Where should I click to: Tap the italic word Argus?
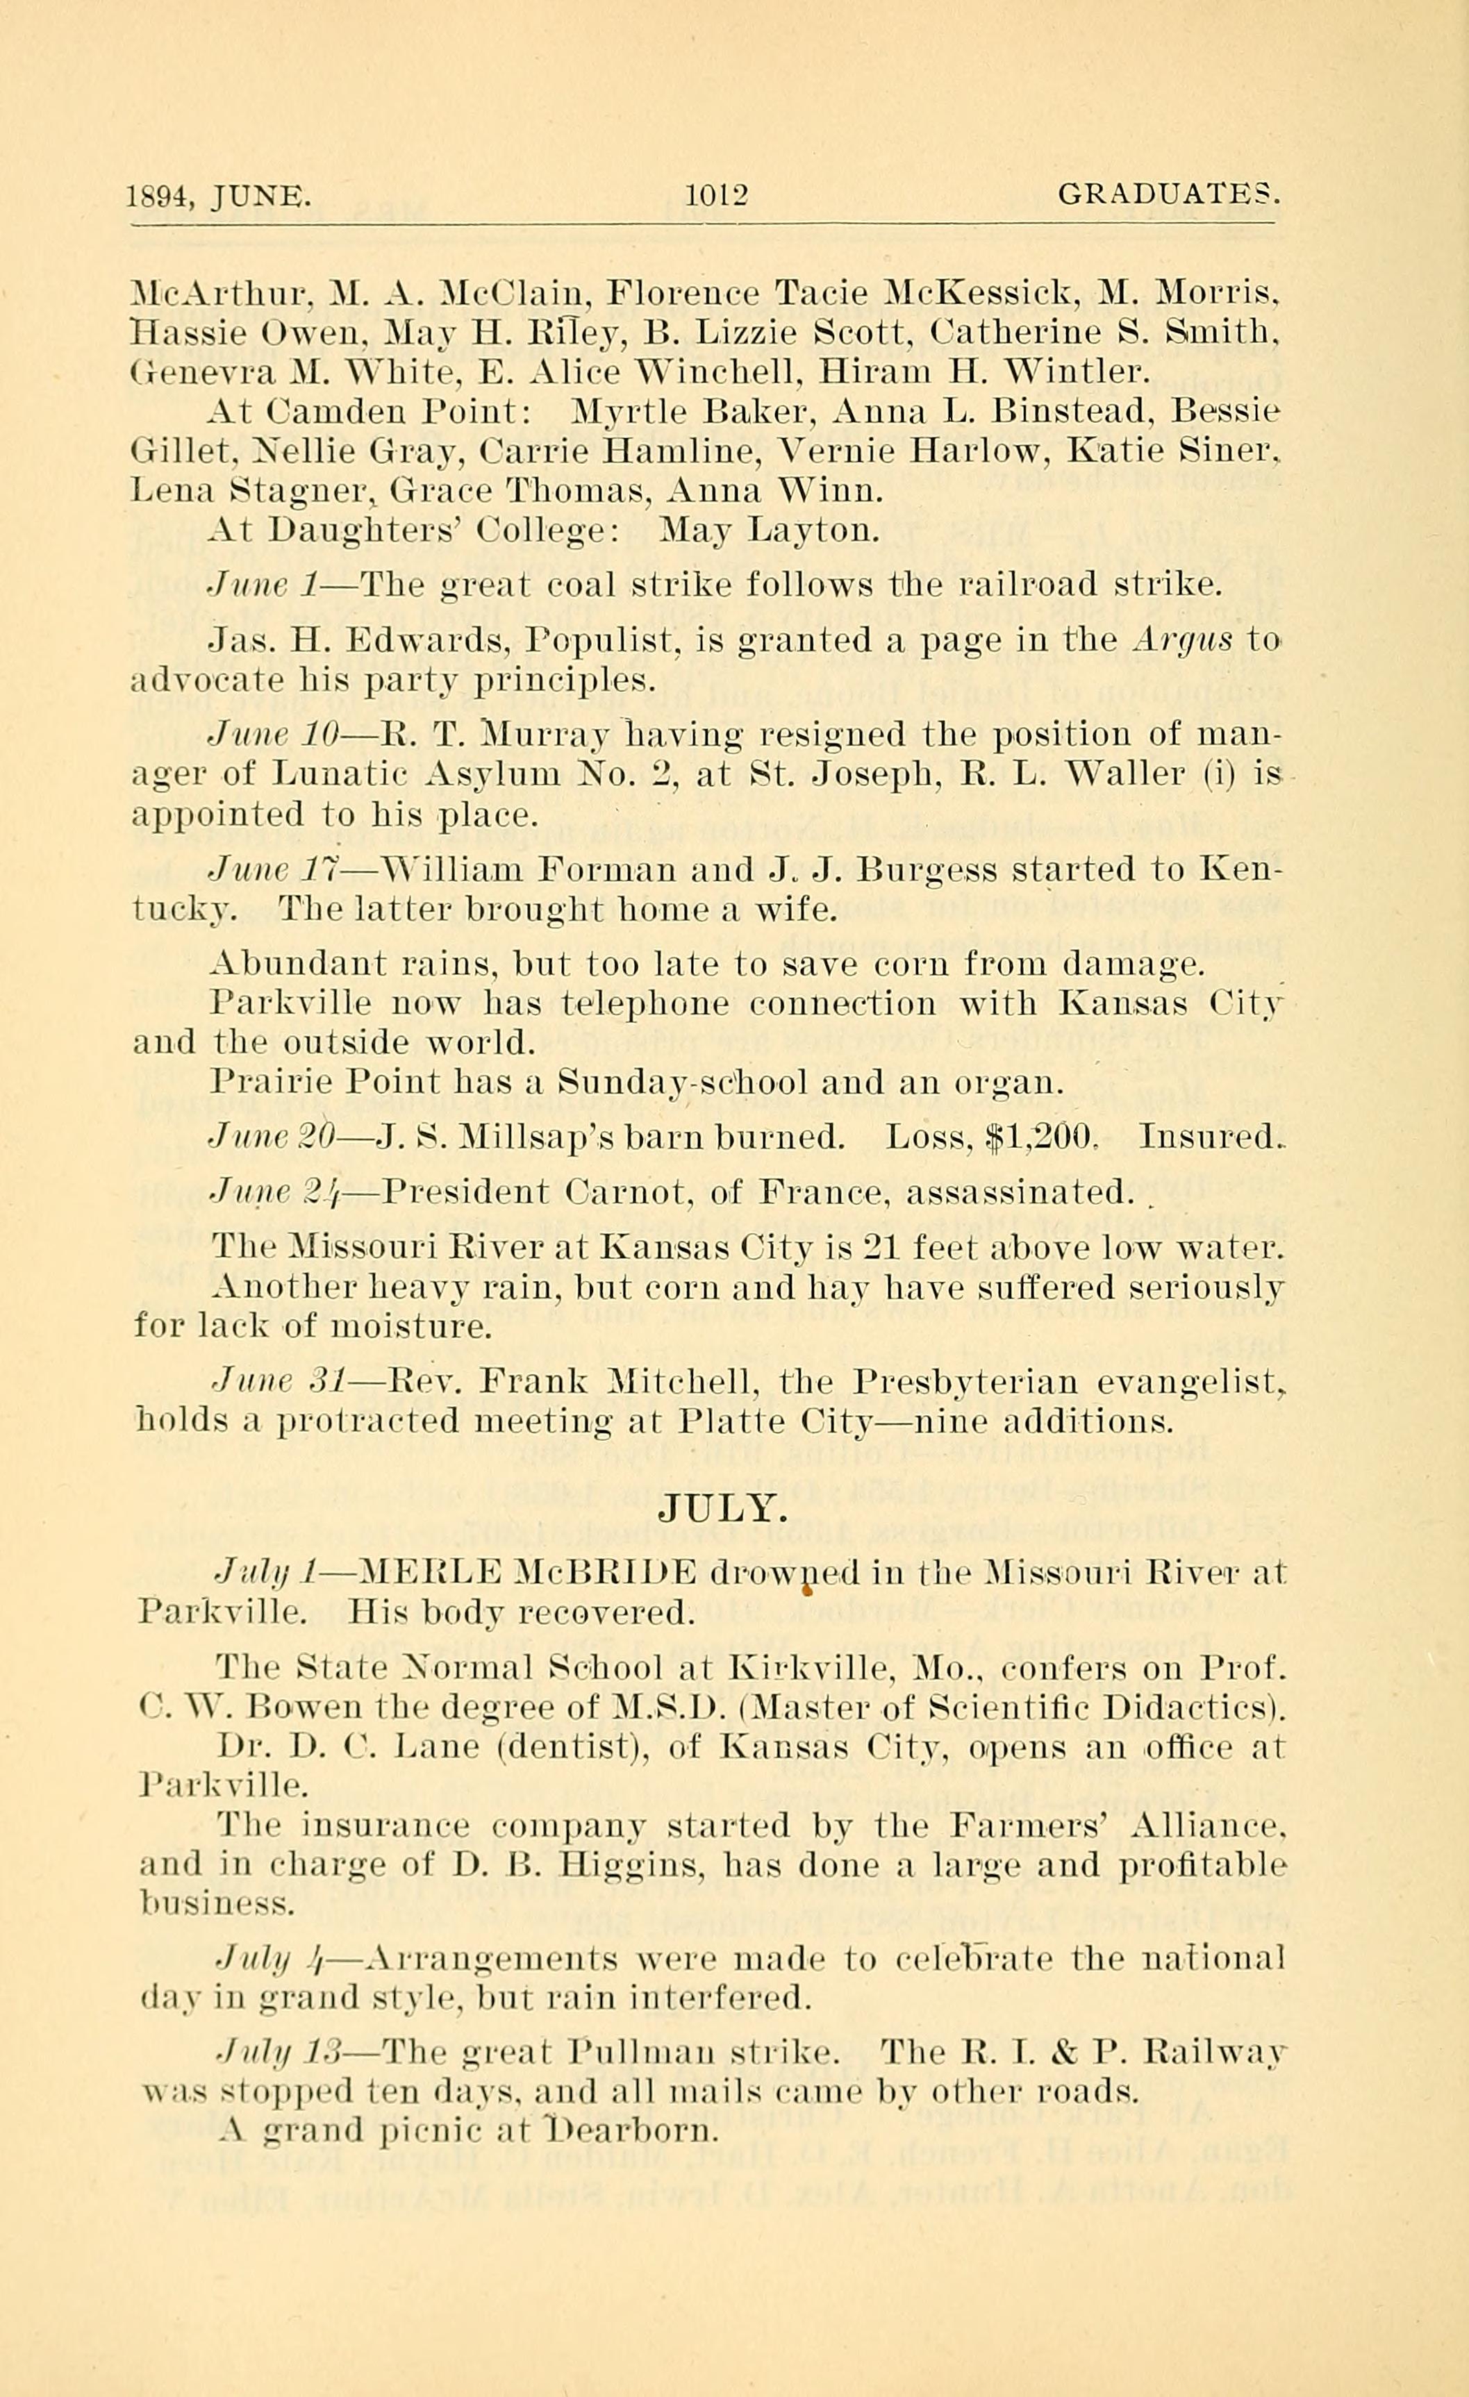click(1182, 640)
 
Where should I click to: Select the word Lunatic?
click(338, 774)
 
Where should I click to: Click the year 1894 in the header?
click(160, 197)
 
